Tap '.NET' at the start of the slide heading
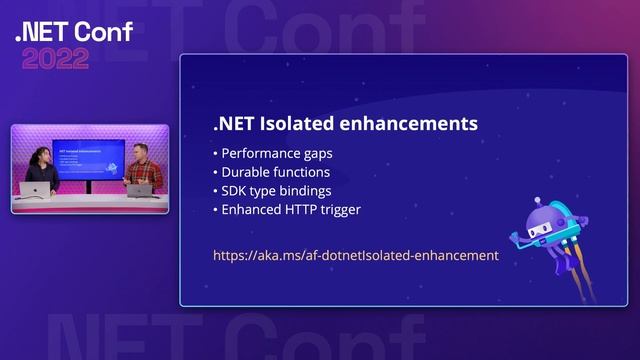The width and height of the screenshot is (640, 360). point(234,124)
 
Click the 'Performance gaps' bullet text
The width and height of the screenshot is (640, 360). point(274,154)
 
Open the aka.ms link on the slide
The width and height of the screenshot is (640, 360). point(355,255)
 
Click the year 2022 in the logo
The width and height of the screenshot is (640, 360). point(56,58)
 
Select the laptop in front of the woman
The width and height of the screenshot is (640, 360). point(35,190)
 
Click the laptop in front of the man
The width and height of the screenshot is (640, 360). point(140,190)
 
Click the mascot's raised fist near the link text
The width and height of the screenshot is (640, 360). point(516,238)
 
